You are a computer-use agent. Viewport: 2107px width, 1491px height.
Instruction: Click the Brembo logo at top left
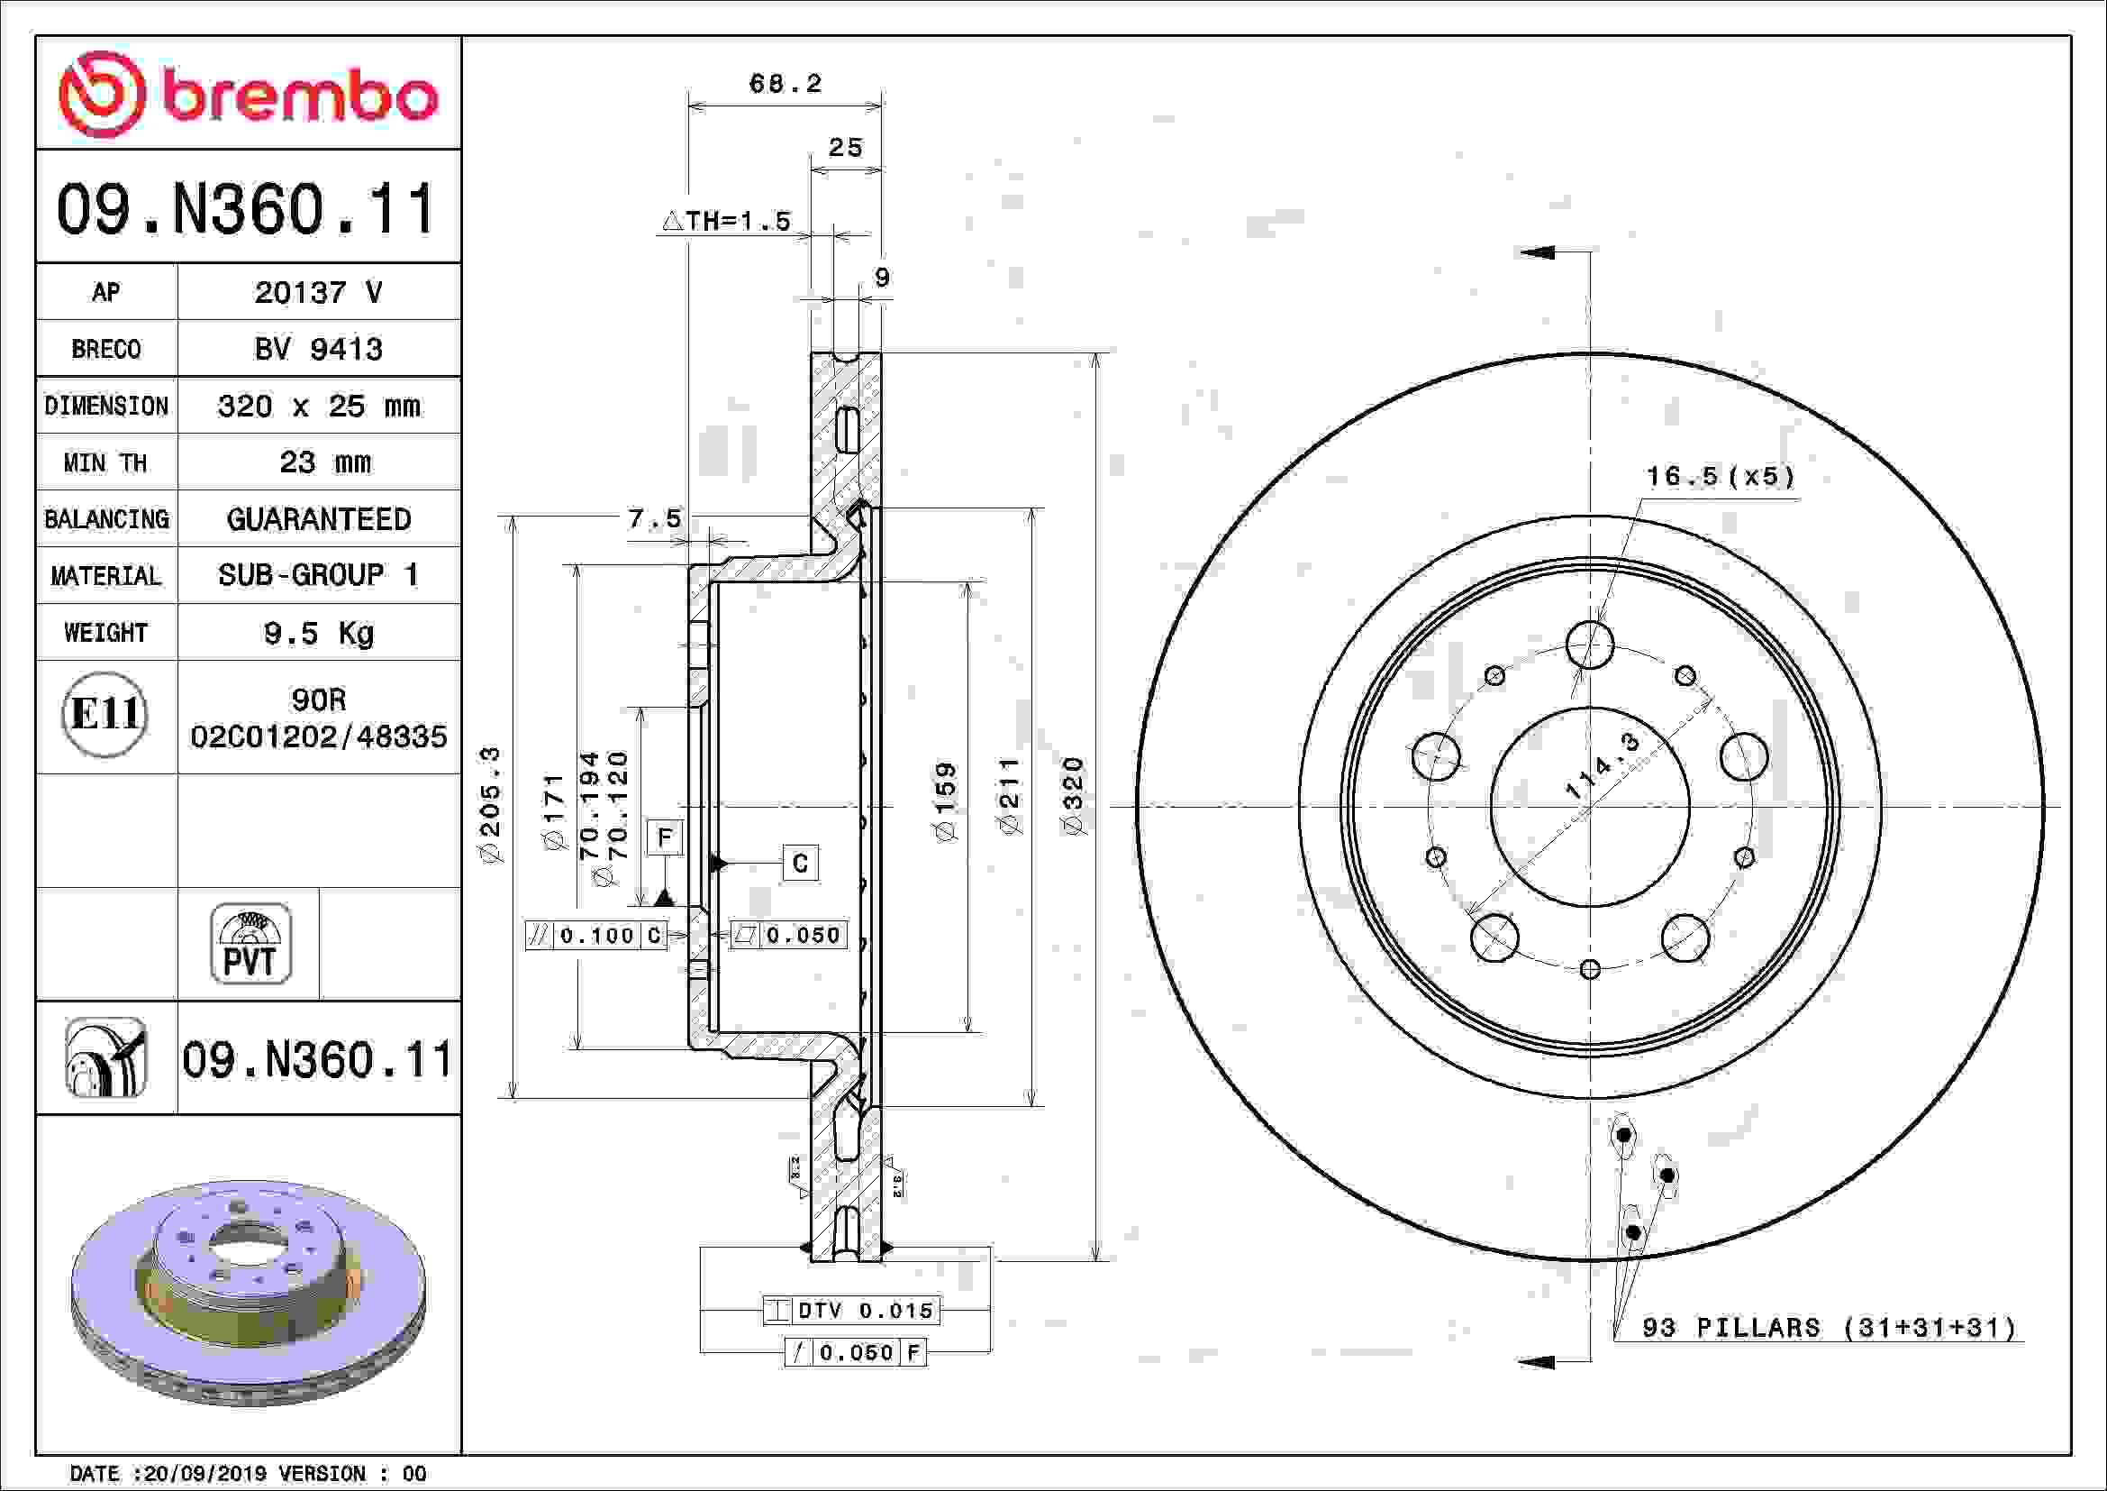[x=248, y=94]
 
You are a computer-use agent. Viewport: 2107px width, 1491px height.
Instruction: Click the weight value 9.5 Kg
[x=318, y=633]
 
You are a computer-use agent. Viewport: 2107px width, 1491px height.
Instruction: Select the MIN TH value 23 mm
[x=325, y=462]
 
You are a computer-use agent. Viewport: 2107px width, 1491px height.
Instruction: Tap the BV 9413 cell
[x=318, y=349]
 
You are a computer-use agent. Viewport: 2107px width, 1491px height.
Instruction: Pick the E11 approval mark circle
[x=105, y=714]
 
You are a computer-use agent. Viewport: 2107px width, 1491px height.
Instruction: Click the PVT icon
[x=250, y=944]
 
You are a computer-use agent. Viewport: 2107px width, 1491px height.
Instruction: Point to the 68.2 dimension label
[x=785, y=84]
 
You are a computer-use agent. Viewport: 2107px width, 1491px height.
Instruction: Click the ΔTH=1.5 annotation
[x=726, y=221]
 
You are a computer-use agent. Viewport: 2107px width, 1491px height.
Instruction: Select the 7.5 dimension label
[x=654, y=518]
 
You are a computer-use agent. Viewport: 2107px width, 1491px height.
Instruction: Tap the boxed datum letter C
[x=799, y=863]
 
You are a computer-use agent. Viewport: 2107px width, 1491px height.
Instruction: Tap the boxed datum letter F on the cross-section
[x=666, y=837]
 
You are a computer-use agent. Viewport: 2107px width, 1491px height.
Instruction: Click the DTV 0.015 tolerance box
[x=850, y=1310]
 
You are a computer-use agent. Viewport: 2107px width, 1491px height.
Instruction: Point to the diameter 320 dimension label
[x=1073, y=795]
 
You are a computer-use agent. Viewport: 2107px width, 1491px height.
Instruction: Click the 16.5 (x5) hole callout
[x=1720, y=477]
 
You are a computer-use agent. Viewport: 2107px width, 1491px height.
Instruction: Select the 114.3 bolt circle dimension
[x=1601, y=765]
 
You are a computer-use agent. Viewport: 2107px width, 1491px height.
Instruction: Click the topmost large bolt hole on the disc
[x=1590, y=645]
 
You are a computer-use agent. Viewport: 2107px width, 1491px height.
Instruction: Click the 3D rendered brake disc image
[x=248, y=1292]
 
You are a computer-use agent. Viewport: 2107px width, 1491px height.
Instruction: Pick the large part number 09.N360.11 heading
[x=246, y=208]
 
